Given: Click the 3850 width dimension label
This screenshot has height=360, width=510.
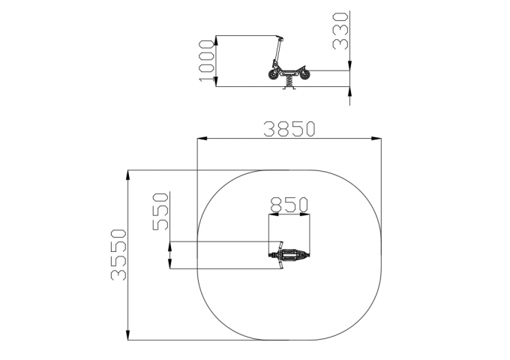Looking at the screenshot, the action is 289,129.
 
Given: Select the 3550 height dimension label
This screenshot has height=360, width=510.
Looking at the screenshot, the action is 118,255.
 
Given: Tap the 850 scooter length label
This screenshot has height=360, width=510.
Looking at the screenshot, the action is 289,205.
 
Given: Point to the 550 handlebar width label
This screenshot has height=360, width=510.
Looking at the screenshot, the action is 160,211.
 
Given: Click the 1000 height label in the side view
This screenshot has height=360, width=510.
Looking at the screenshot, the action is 206,61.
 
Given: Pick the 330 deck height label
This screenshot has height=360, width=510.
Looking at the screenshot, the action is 340,31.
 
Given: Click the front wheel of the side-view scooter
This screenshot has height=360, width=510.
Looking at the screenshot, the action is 273,74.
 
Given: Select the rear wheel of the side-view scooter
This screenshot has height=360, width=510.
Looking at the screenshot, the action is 305,74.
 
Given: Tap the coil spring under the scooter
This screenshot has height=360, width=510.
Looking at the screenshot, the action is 289,81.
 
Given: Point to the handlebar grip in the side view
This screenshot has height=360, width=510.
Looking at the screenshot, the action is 280,37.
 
